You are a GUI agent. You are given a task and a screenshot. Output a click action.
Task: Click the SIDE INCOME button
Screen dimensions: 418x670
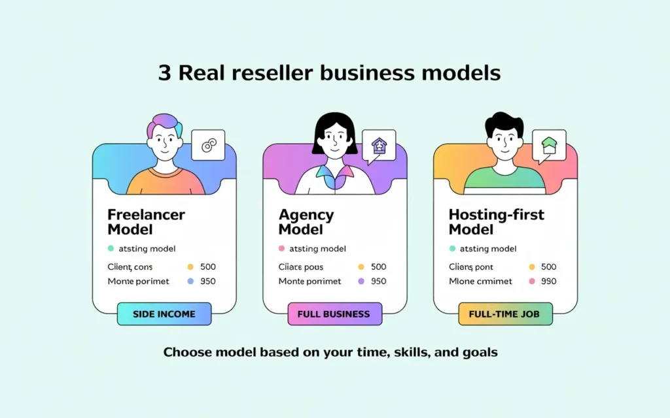[x=164, y=314]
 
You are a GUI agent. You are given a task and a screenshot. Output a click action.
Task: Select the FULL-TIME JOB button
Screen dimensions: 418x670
[x=505, y=314]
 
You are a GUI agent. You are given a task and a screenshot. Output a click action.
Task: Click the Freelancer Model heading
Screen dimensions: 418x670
[x=146, y=222]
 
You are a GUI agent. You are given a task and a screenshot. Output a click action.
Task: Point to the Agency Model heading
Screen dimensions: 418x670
[x=307, y=222]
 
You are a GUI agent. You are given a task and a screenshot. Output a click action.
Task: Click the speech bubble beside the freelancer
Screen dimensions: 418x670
[x=208, y=145]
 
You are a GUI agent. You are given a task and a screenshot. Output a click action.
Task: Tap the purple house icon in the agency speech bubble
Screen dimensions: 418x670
[x=379, y=144]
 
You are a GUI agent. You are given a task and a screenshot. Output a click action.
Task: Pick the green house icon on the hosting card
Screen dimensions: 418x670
[x=548, y=144]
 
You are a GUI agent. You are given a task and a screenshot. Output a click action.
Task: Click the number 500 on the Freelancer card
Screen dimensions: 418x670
[x=207, y=266]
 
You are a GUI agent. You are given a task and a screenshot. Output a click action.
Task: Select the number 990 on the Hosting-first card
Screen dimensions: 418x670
[x=548, y=281]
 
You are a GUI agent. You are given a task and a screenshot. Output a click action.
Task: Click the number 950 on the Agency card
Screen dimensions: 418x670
[x=378, y=281]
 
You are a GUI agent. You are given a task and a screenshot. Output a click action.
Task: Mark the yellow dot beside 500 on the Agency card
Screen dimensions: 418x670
[x=361, y=266]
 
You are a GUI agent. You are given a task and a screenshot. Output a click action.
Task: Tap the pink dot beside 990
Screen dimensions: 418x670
[x=531, y=281]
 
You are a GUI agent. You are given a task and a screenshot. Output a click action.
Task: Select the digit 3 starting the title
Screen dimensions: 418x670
[x=164, y=72]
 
